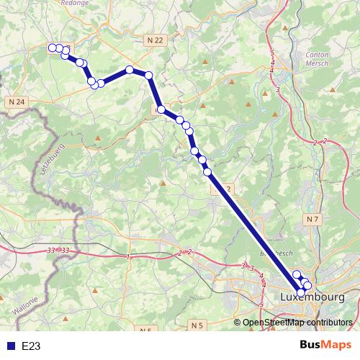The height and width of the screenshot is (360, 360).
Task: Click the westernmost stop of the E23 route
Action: tap(53, 48)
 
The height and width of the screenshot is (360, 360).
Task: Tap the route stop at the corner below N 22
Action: tap(148, 76)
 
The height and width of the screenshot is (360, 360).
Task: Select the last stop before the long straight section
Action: tap(207, 171)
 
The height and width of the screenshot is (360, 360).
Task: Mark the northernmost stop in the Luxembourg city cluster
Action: tap(296, 274)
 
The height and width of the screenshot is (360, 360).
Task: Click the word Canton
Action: tap(318, 55)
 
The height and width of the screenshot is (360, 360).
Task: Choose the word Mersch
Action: tap(318, 63)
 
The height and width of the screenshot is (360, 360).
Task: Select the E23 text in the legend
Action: tap(31, 346)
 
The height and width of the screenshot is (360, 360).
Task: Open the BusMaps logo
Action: tap(327, 346)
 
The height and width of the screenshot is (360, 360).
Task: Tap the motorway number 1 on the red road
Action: tap(128, 256)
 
